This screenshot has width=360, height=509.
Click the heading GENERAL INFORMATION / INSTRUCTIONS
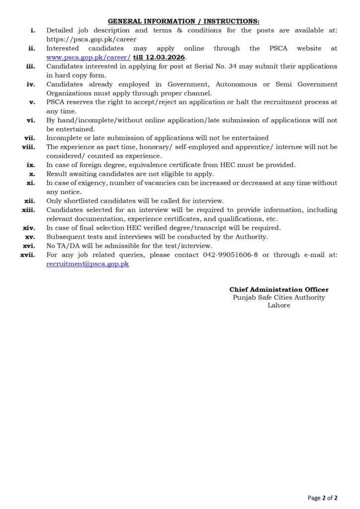183,21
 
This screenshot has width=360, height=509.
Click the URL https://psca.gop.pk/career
91,39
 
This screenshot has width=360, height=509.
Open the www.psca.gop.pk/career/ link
88,57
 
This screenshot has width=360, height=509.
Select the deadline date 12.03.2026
168,57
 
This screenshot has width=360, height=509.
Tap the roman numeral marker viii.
28,147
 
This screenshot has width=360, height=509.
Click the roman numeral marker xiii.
28,210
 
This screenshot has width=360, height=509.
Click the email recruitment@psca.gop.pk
88,264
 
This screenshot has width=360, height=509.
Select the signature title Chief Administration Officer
278,289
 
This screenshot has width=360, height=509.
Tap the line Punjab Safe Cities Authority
278,297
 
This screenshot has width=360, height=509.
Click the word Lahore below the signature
279,305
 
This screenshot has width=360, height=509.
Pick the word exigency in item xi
93,183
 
